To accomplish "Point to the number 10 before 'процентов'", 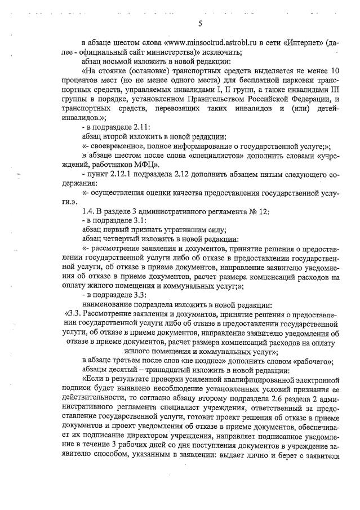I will (x=333, y=70).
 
